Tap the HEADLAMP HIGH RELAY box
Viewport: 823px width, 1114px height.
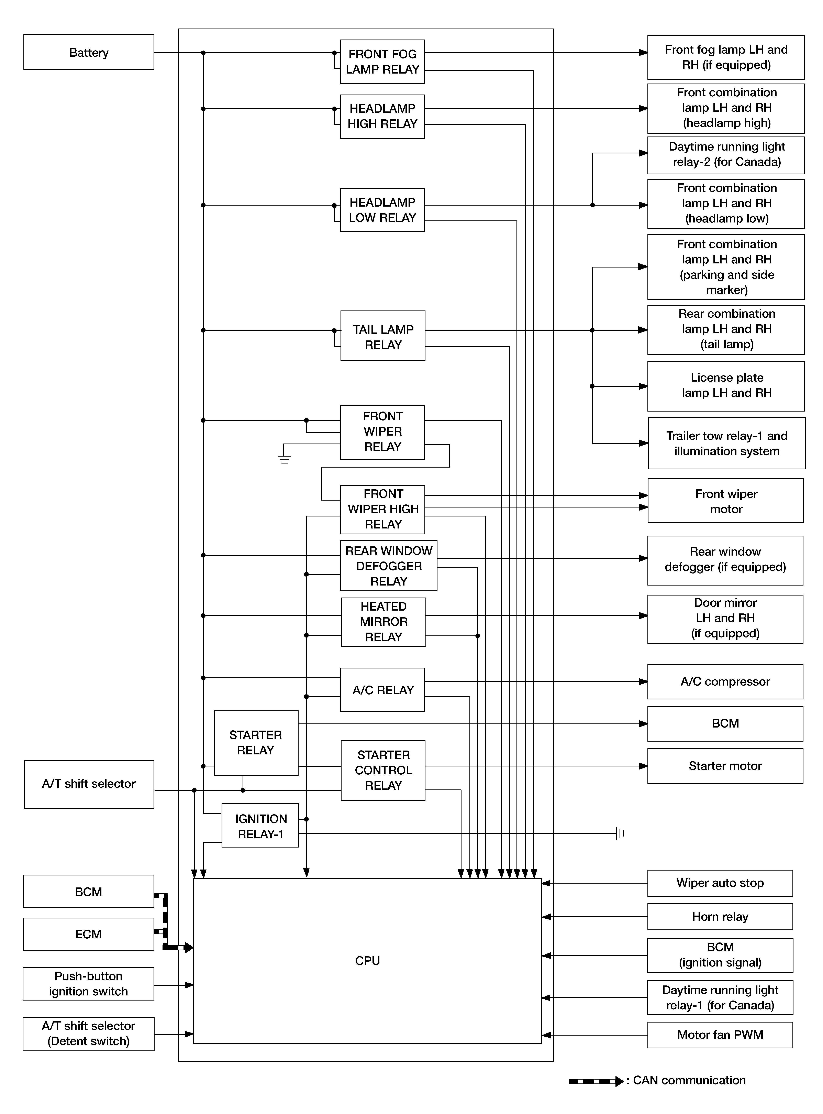pyautogui.click(x=383, y=117)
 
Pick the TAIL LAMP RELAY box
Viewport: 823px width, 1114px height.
pyautogui.click(x=383, y=336)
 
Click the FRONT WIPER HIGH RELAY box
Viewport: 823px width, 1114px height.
pyautogui.click(x=383, y=509)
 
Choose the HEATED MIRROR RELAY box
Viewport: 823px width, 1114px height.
pyautogui.click(x=384, y=622)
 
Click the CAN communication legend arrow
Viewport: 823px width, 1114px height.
pyautogui.click(x=596, y=1081)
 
